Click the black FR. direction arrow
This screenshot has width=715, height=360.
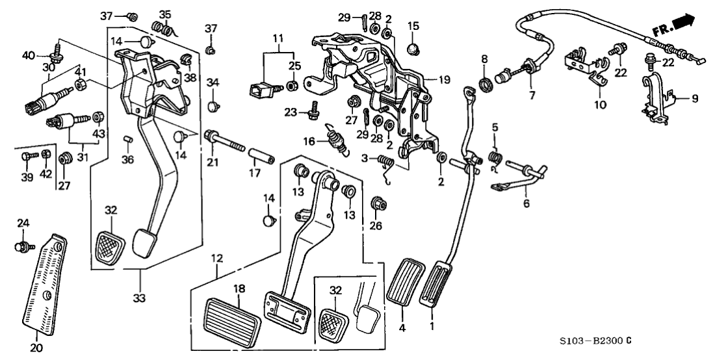tap(684, 24)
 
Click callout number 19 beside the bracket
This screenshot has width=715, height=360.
tap(443, 80)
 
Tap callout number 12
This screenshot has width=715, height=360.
tap(217, 259)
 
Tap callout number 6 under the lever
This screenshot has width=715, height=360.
tap(526, 203)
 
